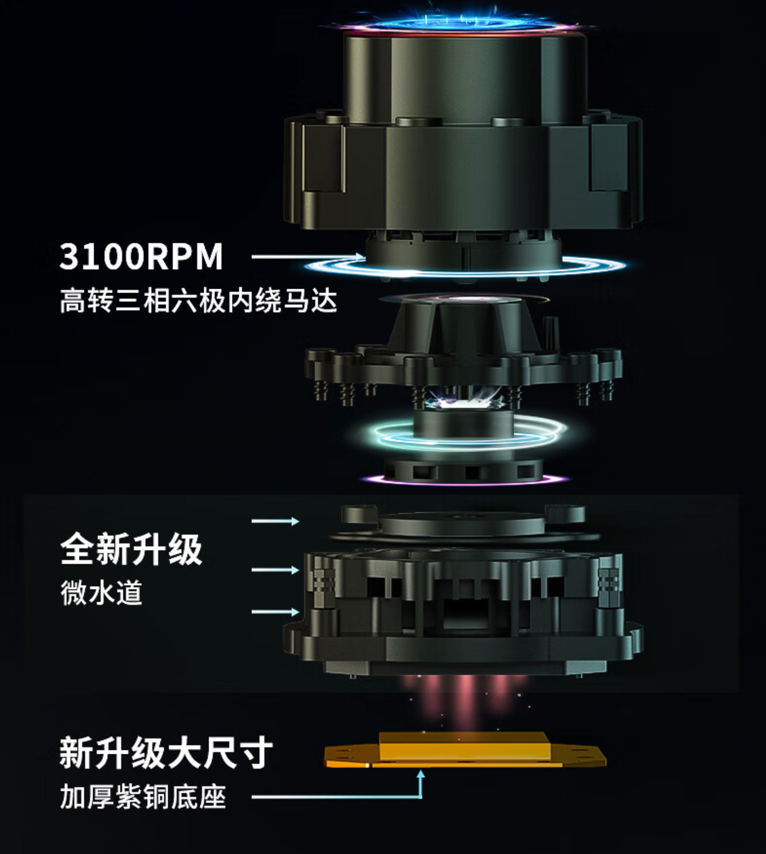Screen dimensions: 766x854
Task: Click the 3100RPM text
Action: point(141,256)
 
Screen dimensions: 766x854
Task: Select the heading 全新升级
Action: point(131,549)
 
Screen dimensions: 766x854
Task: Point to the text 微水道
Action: point(101,593)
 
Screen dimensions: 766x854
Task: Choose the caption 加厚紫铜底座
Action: point(143,797)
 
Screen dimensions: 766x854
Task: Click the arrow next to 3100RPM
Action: point(308,256)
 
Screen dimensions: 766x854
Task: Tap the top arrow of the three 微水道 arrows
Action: point(275,521)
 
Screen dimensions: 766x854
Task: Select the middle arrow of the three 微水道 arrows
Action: point(275,570)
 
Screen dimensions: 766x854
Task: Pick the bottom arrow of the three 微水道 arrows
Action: point(275,611)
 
